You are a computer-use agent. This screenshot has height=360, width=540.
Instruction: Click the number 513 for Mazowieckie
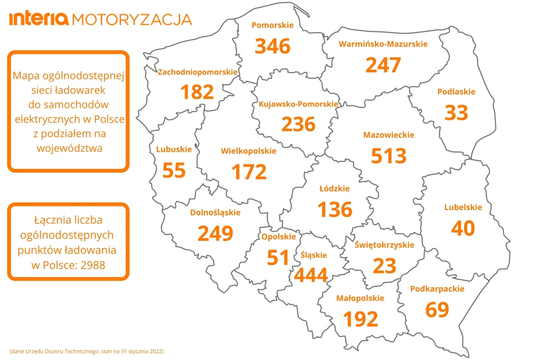coord(389,156)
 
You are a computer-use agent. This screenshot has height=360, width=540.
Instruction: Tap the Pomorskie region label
coord(272,25)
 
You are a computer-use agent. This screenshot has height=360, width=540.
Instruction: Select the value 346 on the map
coord(272,46)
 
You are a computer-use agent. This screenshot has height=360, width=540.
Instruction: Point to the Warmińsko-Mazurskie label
coord(383,44)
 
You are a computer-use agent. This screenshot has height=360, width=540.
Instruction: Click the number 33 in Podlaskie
coord(456,113)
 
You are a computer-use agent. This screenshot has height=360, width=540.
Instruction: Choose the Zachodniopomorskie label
coord(197,72)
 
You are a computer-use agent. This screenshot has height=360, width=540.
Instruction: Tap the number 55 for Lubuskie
coord(174,171)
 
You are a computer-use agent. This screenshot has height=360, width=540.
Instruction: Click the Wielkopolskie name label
coord(248,151)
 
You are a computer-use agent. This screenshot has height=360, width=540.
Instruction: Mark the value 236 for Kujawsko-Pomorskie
coord(298,124)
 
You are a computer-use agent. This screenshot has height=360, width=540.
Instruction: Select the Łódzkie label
coord(334,188)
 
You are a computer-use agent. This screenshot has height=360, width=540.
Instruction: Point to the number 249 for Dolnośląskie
coord(215,234)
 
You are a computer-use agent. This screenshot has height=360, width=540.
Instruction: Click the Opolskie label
coord(278,237)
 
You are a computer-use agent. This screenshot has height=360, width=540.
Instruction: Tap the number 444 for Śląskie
coord(311,275)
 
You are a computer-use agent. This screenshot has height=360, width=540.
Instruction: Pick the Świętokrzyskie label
coord(384,245)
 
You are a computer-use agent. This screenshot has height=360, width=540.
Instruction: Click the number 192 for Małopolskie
coord(360,319)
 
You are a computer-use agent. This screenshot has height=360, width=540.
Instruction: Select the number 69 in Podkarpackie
coord(437,310)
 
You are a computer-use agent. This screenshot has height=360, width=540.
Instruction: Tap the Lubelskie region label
coord(463,207)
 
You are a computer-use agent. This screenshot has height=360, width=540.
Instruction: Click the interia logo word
coord(39,19)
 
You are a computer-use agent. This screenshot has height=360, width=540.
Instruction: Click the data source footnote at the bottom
coord(87,351)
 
